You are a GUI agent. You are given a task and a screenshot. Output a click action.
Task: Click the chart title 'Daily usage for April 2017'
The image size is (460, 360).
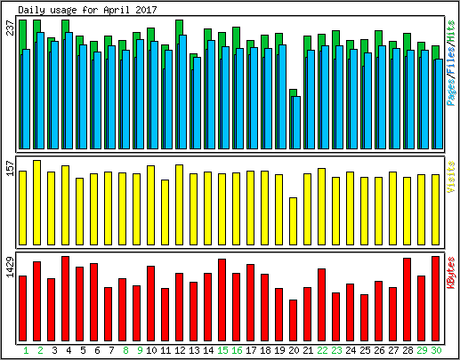[x=87, y=10]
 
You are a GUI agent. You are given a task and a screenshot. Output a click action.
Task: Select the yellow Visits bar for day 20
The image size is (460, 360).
[x=293, y=221]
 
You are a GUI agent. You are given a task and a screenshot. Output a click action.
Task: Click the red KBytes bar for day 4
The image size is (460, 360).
[x=65, y=299]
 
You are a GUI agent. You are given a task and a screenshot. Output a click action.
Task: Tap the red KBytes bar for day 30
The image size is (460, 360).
[x=435, y=299]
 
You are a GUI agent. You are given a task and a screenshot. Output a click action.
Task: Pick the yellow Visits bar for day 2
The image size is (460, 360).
[x=36, y=203]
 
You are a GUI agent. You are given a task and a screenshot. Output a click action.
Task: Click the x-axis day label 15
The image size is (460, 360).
[x=222, y=350]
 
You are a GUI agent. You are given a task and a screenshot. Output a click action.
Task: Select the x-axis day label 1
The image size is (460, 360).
[x=26, y=350]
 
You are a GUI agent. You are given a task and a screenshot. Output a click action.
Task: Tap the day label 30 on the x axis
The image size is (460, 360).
[x=436, y=350]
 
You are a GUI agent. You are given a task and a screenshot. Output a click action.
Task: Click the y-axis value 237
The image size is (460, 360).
[x=10, y=28]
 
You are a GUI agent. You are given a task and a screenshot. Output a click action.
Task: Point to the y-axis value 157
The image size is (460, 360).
[x=10, y=168]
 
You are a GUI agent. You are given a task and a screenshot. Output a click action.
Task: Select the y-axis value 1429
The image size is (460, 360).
[x=10, y=267]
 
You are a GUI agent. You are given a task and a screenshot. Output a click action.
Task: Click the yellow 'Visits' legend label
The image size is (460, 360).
[x=451, y=177]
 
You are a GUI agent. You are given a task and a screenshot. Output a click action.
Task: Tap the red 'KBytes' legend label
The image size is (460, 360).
[x=451, y=273]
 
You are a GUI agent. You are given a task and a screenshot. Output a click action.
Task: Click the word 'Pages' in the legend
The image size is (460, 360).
[x=451, y=92]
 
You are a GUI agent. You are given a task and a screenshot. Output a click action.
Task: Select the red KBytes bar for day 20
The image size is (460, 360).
[x=293, y=320]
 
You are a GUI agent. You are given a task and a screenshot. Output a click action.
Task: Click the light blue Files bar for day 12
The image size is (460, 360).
[x=183, y=92]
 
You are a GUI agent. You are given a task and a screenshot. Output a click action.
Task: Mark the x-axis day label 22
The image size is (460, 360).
[x=322, y=350]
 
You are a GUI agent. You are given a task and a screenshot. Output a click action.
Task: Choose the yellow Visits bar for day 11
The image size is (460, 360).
[x=165, y=212]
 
